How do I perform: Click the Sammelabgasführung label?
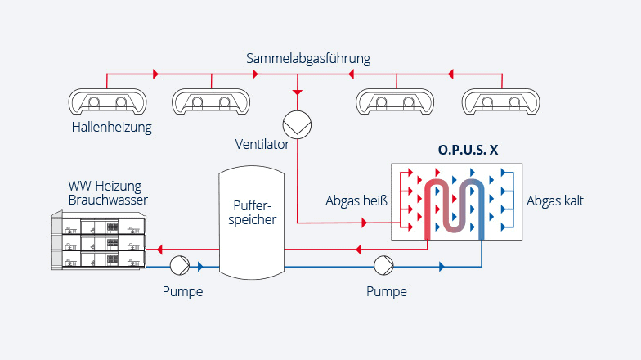pyautogui.click(x=309, y=59)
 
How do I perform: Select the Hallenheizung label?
pyautogui.click(x=112, y=128)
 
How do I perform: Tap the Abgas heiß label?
pyautogui.click(x=356, y=200)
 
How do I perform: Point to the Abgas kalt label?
pyautogui.click(x=555, y=200)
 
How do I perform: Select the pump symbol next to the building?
pyautogui.click(x=180, y=266)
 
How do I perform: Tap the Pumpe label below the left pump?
pyautogui.click(x=182, y=291)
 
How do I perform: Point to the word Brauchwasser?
pyautogui.click(x=108, y=200)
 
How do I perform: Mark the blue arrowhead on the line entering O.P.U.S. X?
pyautogui.click(x=442, y=267)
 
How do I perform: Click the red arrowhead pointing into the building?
pyautogui.click(x=160, y=249)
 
